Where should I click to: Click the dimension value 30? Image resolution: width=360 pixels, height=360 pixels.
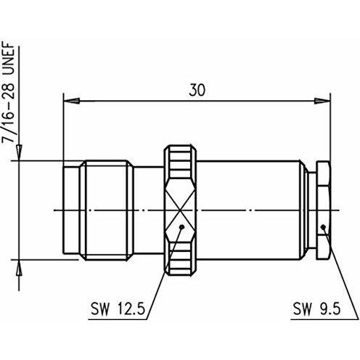tap(197, 90)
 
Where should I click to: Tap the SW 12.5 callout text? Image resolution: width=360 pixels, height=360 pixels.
tap(118, 309)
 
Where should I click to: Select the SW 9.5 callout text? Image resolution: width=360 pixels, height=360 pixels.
tap(316, 308)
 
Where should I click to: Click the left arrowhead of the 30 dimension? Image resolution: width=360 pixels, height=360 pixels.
tap(71, 101)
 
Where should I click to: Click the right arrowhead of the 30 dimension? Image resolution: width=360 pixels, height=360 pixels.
tap(322, 101)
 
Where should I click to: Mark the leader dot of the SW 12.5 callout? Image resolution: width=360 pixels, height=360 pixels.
tap(182, 226)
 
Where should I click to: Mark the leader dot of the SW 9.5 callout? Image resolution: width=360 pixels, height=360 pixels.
tap(323, 226)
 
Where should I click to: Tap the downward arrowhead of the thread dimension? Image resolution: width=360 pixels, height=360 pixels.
tap(19, 152)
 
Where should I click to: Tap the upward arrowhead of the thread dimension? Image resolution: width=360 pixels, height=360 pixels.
tap(19, 268)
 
